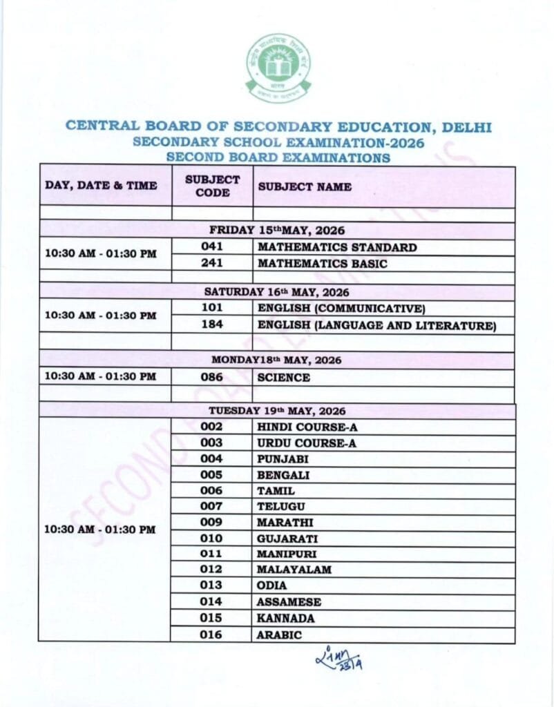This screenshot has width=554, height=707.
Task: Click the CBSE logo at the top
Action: tap(278, 68)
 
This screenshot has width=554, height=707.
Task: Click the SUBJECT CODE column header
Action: tap(212, 186)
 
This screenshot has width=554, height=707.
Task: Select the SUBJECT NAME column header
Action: tap(305, 186)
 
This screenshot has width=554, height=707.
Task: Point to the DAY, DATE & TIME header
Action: tap(101, 186)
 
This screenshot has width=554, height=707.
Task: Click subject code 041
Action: tap(212, 247)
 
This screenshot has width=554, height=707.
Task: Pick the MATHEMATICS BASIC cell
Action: tap(322, 263)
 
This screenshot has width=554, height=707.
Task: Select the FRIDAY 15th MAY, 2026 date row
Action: tap(277, 231)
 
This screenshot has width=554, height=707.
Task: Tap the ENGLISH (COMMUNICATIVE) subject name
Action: tap(341, 308)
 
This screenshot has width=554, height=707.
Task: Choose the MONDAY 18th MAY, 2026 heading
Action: tap(276, 360)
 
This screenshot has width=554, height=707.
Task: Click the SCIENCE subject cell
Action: tap(283, 378)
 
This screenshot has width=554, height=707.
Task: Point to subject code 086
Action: tap(212, 378)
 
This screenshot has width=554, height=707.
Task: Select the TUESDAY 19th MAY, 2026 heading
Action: tap(277, 410)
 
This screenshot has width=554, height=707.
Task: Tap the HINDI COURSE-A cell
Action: tap(307, 427)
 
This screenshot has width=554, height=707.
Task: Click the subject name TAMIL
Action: tap(276, 491)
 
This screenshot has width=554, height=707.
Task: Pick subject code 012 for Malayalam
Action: tap(212, 570)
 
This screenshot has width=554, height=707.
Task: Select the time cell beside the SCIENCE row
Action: tap(101, 377)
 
